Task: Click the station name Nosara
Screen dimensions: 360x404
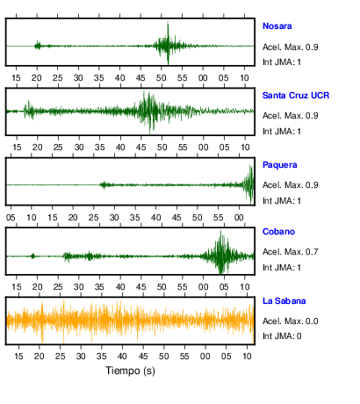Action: (277, 26)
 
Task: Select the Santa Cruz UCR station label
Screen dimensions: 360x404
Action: (296, 96)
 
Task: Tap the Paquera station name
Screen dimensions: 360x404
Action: (279, 165)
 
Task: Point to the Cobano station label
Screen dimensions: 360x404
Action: (278, 232)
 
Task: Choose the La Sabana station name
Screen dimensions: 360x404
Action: (284, 301)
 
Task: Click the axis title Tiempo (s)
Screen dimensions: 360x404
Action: (130, 371)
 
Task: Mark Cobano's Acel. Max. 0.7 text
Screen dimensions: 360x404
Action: (290, 252)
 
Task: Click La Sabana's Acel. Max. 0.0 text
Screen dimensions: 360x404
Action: (290, 321)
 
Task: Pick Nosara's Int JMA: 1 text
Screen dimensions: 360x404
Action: (282, 62)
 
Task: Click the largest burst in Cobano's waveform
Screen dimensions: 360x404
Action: (221, 252)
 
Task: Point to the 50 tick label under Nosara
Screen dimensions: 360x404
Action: (162, 78)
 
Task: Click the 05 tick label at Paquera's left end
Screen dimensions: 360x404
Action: (11, 218)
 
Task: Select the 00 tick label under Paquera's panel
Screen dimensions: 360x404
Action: (239, 218)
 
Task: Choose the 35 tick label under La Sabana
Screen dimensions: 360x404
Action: (102, 357)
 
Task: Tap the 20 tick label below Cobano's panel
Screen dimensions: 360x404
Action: (37, 287)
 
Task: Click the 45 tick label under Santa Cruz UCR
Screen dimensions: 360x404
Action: (141, 148)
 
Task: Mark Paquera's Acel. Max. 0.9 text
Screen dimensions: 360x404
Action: (290, 185)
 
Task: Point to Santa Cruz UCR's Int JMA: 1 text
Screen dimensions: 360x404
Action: (282, 132)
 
